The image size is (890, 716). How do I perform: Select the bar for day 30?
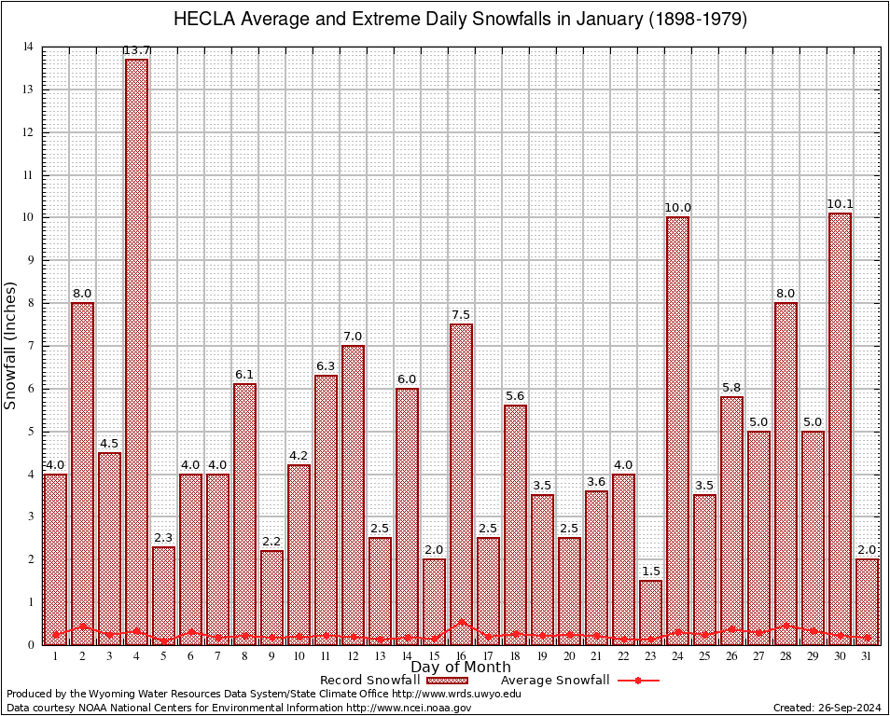pyautogui.click(x=840, y=429)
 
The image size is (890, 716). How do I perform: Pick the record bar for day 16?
pyautogui.click(x=461, y=484)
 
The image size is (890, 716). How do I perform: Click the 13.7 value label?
pyautogui.click(x=136, y=50)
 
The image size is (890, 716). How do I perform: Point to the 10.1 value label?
pyautogui.click(x=840, y=204)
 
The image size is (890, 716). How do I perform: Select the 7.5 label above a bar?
pyautogui.click(x=461, y=315)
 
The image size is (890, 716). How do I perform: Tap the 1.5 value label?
pyautogui.click(x=650, y=571)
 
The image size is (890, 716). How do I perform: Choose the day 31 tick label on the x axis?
pyautogui.click(x=867, y=656)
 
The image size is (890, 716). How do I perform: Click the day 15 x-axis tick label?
pyautogui.click(x=434, y=656)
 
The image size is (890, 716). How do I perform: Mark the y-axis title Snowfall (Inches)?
pyautogui.click(x=11, y=345)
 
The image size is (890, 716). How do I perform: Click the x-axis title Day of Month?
pyautogui.click(x=461, y=668)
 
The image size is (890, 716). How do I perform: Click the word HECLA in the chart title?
pyautogui.click(x=206, y=20)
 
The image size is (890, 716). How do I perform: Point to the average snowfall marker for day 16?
pyautogui.click(x=461, y=622)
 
